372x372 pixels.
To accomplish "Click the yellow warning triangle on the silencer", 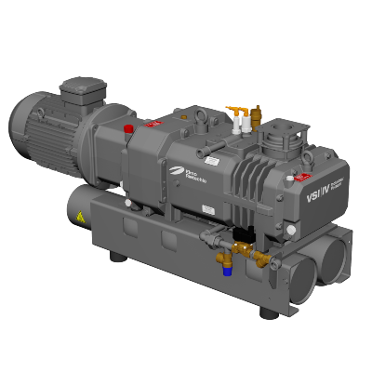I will pos(82,218).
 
